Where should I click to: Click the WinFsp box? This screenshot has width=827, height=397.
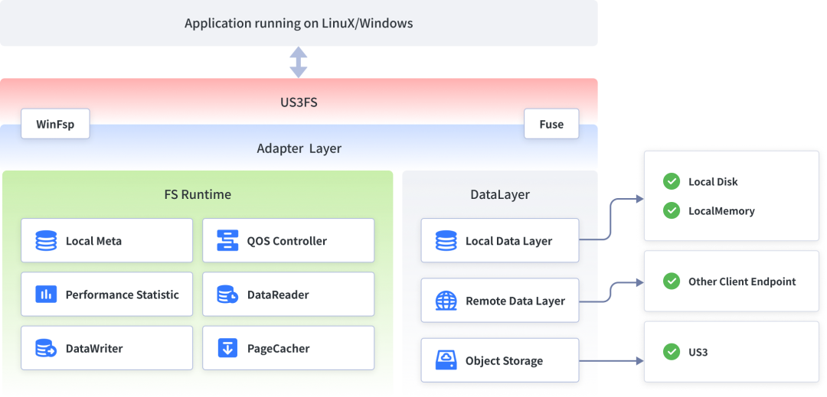pyautogui.click(x=55, y=124)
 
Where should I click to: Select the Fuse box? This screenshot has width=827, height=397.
pyautogui.click(x=551, y=124)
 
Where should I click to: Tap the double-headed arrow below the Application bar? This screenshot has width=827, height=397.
pyautogui.click(x=299, y=62)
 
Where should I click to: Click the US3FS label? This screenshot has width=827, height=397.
pyautogui.click(x=299, y=103)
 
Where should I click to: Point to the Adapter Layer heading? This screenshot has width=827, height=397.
pyautogui.click(x=299, y=148)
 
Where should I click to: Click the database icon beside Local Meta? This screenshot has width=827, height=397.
pyautogui.click(x=46, y=241)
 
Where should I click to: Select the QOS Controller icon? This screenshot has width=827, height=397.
pyautogui.click(x=228, y=241)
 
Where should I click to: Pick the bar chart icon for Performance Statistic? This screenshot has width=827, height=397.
pyautogui.click(x=46, y=294)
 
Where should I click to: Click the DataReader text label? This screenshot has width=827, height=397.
pyautogui.click(x=278, y=294)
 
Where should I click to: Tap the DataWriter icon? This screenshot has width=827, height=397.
pyautogui.click(x=46, y=349)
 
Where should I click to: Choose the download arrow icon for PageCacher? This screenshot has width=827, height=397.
pyautogui.click(x=228, y=349)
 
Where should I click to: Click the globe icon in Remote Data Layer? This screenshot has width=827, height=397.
pyautogui.click(x=446, y=301)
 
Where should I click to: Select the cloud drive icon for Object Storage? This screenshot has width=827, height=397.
pyautogui.click(x=446, y=361)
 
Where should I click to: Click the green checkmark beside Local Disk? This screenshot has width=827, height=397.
pyautogui.click(x=671, y=181)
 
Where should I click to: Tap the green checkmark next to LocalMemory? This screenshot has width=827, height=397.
pyautogui.click(x=671, y=211)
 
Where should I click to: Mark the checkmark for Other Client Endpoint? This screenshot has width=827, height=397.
pyautogui.click(x=671, y=281)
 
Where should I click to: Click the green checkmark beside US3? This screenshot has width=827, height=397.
pyautogui.click(x=671, y=352)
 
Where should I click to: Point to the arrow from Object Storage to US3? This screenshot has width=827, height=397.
pyautogui.click(x=612, y=361)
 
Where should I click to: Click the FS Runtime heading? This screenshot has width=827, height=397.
pyautogui.click(x=198, y=194)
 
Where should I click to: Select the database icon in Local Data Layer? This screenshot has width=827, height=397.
pyautogui.click(x=446, y=241)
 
